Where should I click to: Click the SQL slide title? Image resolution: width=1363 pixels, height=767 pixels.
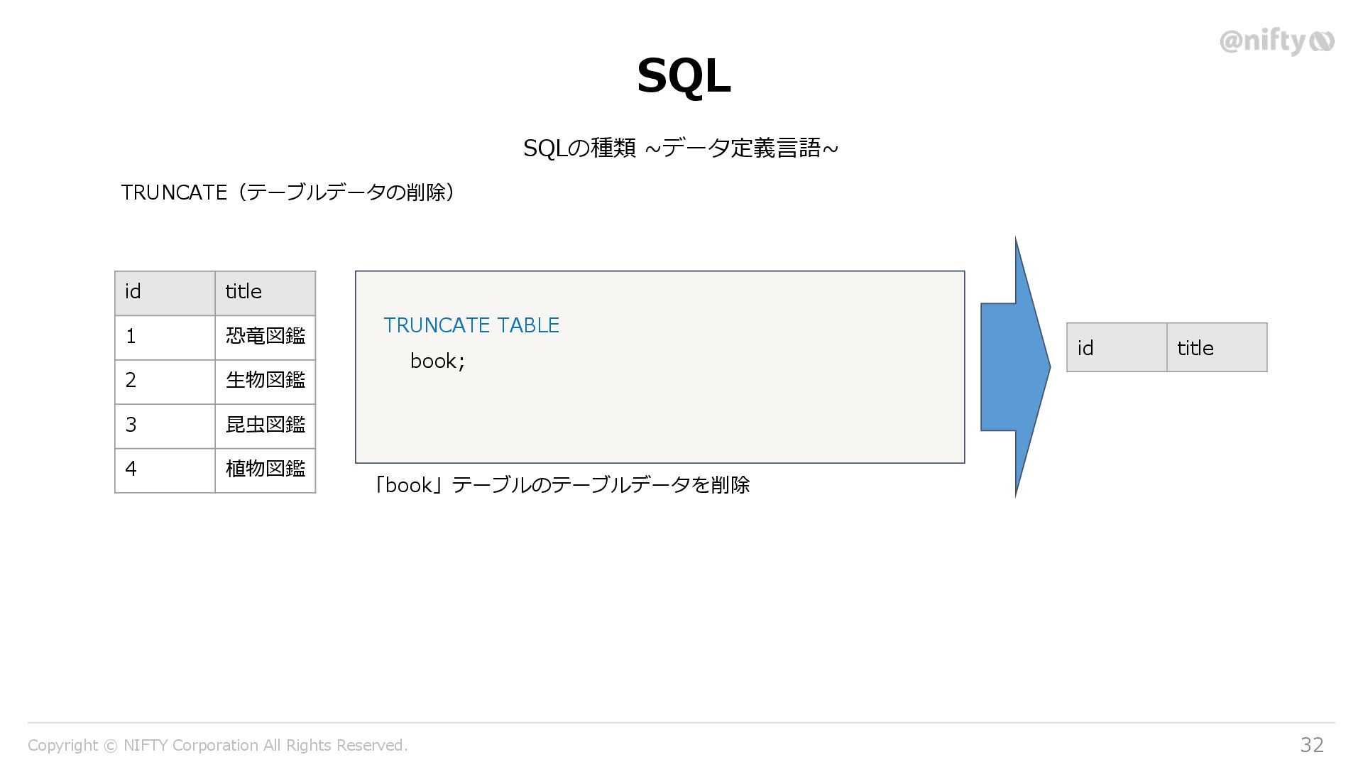tap(683, 76)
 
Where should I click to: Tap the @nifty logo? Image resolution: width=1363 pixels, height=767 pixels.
tap(1276, 42)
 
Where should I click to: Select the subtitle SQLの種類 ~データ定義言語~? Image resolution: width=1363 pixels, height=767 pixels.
tap(680, 148)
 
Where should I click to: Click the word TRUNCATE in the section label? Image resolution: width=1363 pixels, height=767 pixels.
tap(174, 192)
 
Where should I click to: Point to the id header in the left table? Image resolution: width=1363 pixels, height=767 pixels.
tap(165, 293)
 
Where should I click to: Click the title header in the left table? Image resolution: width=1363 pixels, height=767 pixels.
tap(265, 293)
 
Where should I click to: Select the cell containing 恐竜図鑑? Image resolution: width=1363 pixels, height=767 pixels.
tap(265, 337)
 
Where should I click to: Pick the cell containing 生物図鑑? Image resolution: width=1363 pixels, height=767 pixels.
tap(265, 381)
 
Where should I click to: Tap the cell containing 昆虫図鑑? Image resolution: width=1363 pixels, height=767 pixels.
tap(265, 425)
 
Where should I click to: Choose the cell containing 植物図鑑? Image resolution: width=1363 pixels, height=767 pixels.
tap(265, 469)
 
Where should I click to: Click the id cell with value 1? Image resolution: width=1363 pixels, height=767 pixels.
tap(165, 337)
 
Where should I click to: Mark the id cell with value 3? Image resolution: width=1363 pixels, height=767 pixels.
tap(165, 425)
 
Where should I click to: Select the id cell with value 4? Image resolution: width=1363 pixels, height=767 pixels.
tap(165, 469)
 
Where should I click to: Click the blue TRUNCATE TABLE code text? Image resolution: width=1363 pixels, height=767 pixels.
tap(471, 325)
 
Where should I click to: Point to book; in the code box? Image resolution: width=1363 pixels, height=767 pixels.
tap(437, 361)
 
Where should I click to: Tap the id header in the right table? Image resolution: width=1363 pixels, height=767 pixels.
tap(1116, 348)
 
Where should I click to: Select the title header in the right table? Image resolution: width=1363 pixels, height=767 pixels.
tap(1216, 348)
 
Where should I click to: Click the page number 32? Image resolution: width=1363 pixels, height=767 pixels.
tap(1311, 744)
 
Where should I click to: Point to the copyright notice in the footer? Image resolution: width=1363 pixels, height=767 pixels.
tap(217, 745)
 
